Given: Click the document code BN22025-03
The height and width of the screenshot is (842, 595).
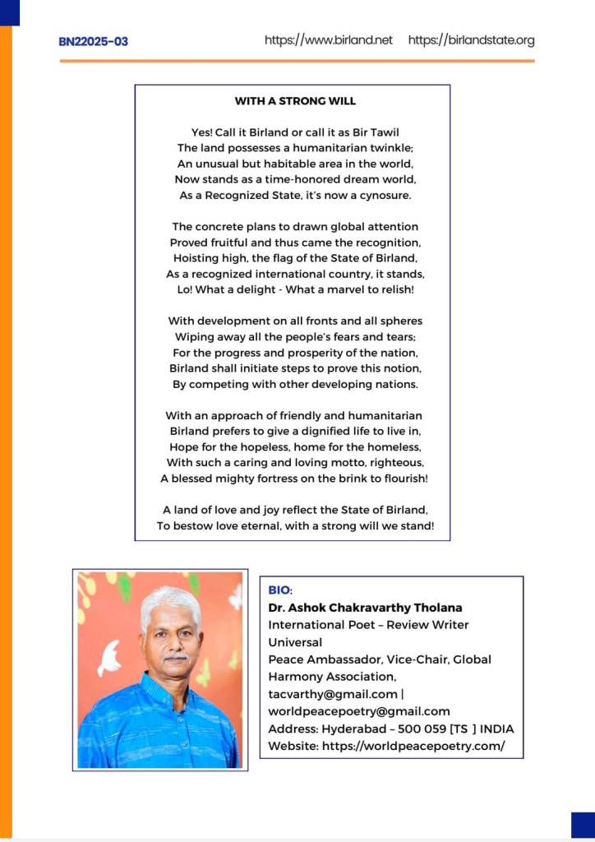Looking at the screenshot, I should pos(93,41).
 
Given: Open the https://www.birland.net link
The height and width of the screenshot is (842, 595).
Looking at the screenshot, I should pos(329,39).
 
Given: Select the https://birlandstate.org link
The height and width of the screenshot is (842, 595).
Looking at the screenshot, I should pos(471,39).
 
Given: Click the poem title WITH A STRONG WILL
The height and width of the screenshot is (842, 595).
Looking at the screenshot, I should pos(295,101).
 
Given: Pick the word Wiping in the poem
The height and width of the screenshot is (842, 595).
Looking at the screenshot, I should pos(193,336).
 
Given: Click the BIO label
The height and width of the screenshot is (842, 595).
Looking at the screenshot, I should pos(279,590).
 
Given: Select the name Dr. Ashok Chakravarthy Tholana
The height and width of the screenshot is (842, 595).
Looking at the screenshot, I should pos(365,608).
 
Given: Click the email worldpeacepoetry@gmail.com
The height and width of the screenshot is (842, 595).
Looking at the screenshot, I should pos(359,711).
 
